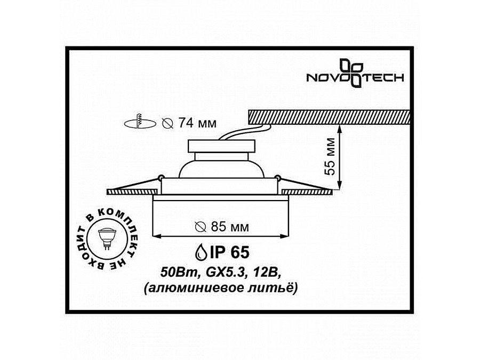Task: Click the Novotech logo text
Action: tap(354, 78)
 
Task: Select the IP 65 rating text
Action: tap(228, 252)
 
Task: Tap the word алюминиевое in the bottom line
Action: tap(206, 287)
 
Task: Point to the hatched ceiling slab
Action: tap(329, 116)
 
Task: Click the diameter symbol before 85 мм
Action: tap(200, 227)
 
